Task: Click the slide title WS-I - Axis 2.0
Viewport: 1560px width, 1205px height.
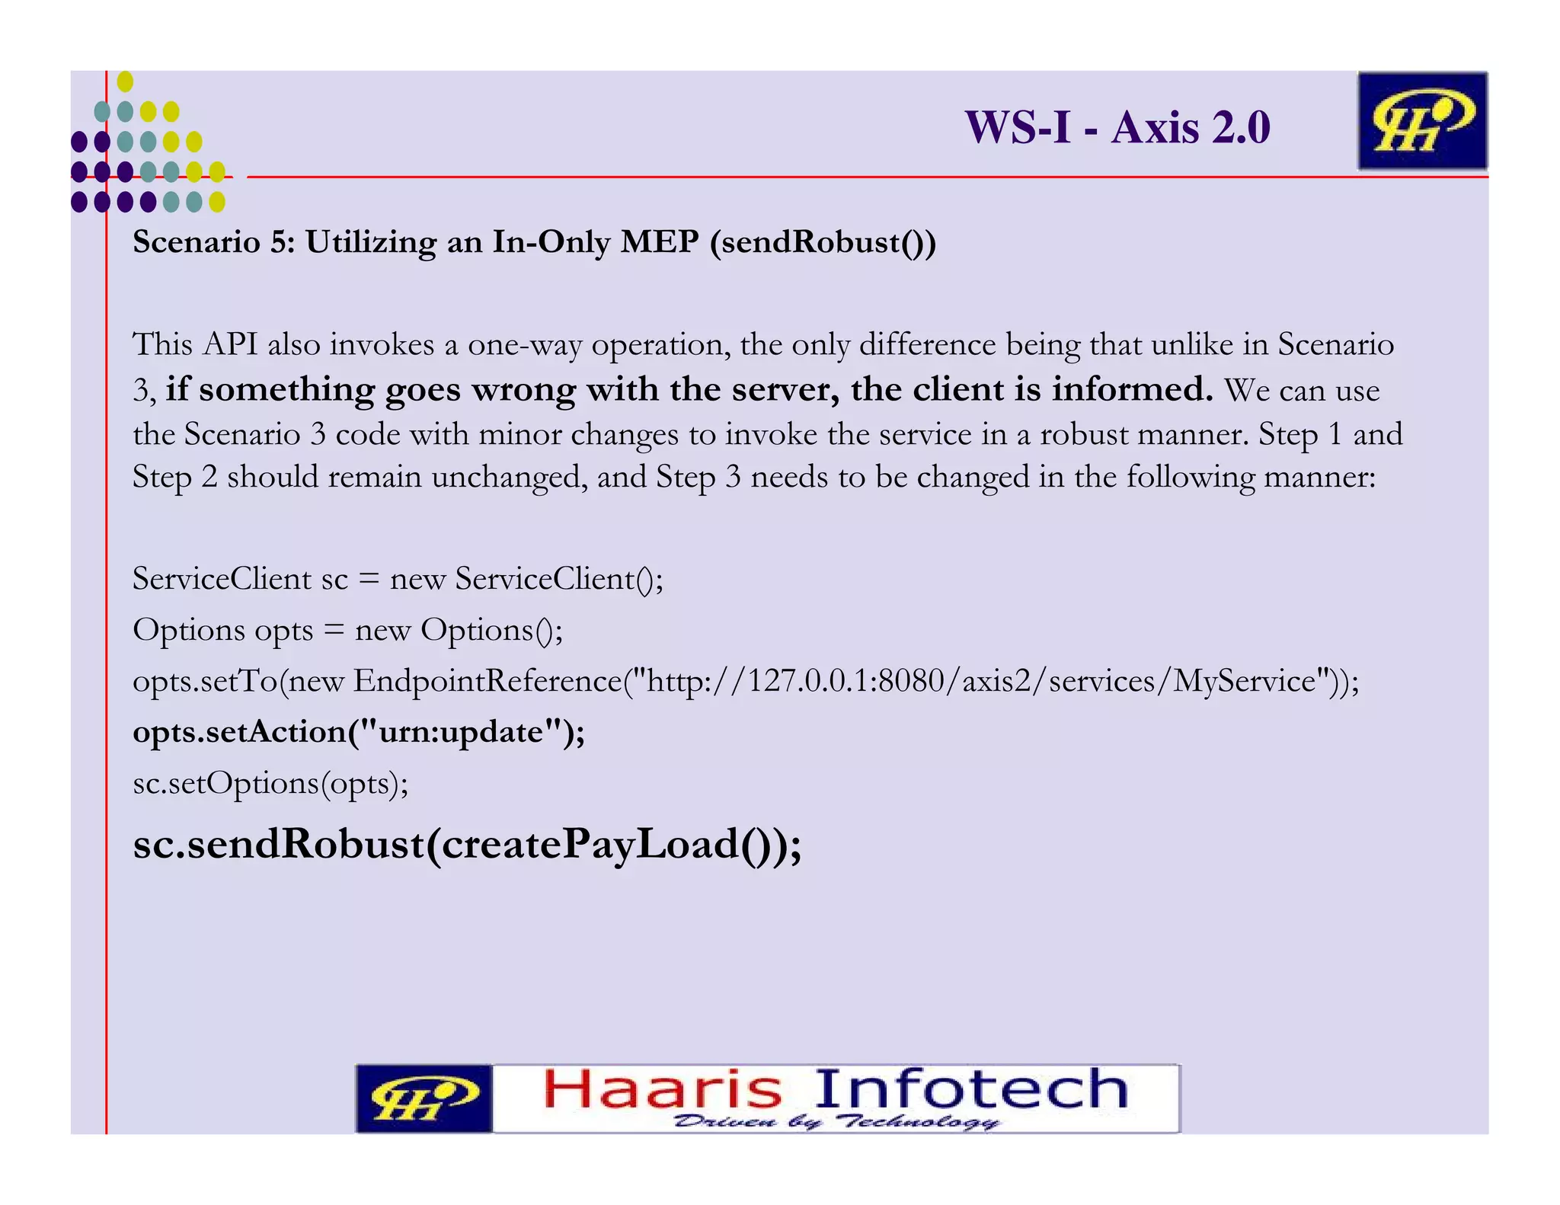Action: coord(1117,127)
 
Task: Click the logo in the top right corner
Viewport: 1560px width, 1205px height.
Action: coord(1421,120)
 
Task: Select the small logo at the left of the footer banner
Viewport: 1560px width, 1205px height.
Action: coord(424,1098)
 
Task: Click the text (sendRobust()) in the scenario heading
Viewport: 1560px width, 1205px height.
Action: coord(823,242)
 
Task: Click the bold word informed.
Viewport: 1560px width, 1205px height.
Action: coord(1132,389)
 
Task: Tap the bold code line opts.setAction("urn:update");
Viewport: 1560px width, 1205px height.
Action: coord(359,732)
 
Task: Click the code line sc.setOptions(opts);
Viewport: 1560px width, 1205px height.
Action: coord(270,783)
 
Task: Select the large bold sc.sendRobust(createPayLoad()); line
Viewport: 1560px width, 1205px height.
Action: coord(467,845)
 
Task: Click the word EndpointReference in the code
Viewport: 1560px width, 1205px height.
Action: coord(487,681)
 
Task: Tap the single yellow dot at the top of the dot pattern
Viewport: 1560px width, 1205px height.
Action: coord(126,82)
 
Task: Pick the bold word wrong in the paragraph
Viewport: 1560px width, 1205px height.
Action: coord(523,389)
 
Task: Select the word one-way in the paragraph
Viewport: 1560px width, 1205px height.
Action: coord(524,345)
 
